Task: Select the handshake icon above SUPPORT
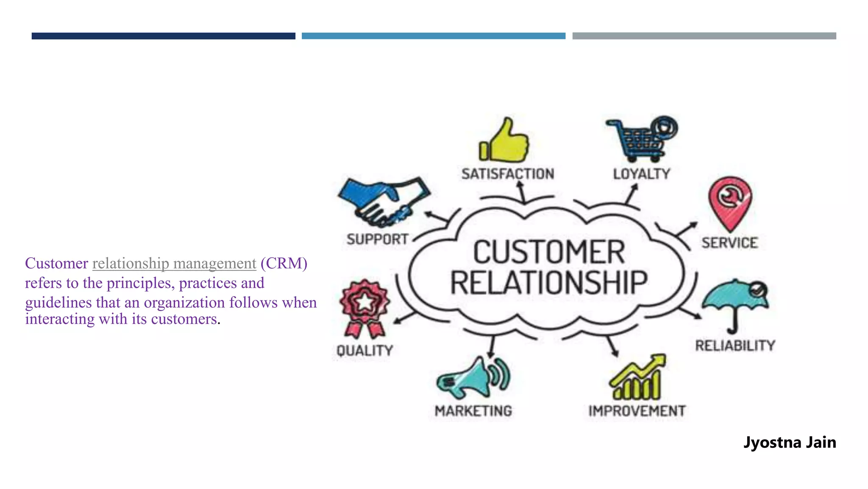coord(384,202)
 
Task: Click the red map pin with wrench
coord(729,202)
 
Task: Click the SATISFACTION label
coord(508,174)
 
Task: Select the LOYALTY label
coord(642,174)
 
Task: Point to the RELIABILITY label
coord(735,346)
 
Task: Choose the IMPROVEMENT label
coord(637,411)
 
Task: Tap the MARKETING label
coord(473,411)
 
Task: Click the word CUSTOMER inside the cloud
coord(549,253)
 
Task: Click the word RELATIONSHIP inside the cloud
coord(549,283)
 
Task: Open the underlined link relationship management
coord(174,264)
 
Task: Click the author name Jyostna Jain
coord(790,442)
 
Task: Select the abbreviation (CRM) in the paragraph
coord(284,264)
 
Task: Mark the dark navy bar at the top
coord(163,36)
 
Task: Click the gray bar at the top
coord(704,36)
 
